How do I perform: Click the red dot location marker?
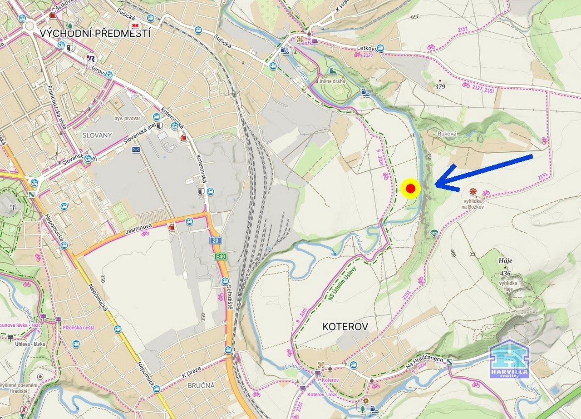411,188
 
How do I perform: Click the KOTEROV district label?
345,326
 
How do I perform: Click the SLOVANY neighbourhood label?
97,135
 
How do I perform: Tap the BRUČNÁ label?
201,385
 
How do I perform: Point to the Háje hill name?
505,260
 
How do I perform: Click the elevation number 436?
505,273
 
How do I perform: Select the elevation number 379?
440,86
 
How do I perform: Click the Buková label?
447,134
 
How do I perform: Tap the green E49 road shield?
221,257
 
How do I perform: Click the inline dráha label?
332,81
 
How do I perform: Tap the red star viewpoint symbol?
473,191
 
